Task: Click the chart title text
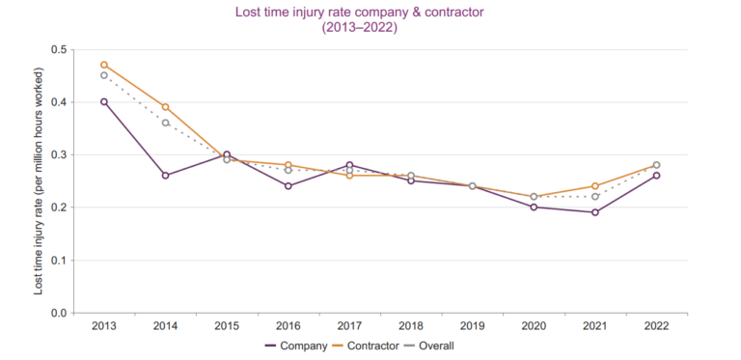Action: [359, 19]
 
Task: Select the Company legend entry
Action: [296, 346]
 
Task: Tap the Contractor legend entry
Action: [366, 346]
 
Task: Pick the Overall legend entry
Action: [429, 346]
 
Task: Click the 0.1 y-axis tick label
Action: [59, 261]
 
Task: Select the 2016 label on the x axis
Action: [288, 326]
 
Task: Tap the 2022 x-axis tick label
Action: [656, 326]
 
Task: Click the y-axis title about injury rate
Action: [39, 181]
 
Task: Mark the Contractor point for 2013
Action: [104, 65]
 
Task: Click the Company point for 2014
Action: [165, 176]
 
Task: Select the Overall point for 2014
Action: [165, 123]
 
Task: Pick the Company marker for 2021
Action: [595, 212]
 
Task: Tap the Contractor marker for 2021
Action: [595, 186]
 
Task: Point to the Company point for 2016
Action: [288, 185]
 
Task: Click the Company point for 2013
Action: [104, 101]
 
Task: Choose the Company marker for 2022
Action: [656, 176]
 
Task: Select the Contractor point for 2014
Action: [165, 107]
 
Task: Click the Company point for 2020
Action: [534, 207]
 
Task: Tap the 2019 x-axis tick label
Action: [472, 326]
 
